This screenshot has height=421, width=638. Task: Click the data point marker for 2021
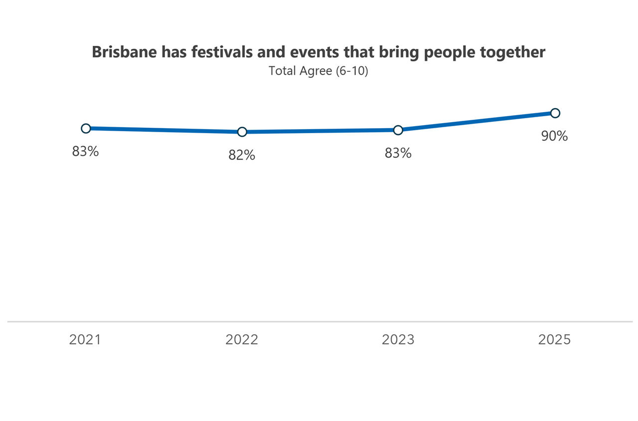[86, 128]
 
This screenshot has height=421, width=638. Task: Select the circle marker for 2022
[242, 132]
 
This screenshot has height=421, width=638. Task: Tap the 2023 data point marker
[398, 130]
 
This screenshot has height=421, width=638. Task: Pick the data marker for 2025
[555, 113]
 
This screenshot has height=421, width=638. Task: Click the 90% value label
[554, 136]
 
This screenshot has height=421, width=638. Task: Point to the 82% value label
[242, 155]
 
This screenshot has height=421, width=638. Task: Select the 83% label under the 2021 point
[85, 152]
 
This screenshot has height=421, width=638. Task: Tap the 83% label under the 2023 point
[398, 153]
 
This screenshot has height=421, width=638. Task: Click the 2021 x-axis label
[85, 340]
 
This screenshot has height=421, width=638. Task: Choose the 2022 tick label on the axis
[242, 340]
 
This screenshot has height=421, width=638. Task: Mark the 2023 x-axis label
[398, 340]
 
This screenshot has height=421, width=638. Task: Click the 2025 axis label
[554, 340]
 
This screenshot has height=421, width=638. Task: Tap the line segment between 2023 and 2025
[476, 122]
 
